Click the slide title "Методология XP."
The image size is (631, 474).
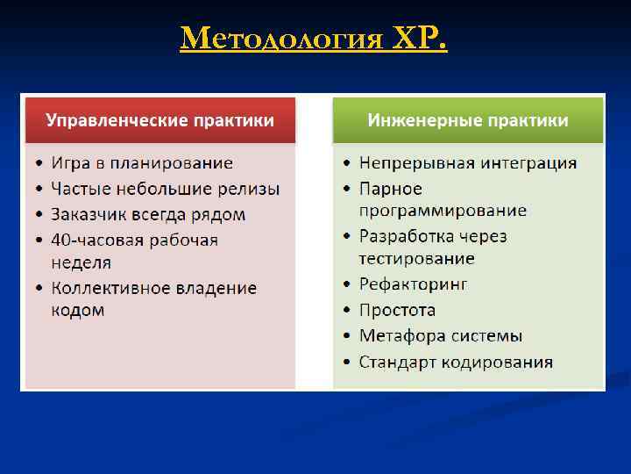pos(313,38)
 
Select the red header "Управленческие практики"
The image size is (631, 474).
pos(160,120)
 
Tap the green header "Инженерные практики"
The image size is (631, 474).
pos(468,120)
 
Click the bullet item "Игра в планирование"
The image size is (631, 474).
pos(142,163)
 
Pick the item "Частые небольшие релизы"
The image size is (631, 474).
pos(165,189)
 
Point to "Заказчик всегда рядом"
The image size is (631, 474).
pos(148,214)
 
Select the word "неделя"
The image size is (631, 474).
pos(81,262)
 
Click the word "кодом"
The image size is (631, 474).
pos(77,311)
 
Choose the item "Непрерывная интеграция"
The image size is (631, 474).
pos(468,163)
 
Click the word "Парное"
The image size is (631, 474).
pos(390,189)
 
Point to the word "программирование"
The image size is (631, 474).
pos(443,211)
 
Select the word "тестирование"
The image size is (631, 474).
pos(416,259)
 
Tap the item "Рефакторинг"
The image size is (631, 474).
pos(414,284)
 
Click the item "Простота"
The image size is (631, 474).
pos(397,310)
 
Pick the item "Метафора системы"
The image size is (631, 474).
pos(441,335)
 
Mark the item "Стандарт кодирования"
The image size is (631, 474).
pos(456,362)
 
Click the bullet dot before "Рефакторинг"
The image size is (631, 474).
pos(348,285)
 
